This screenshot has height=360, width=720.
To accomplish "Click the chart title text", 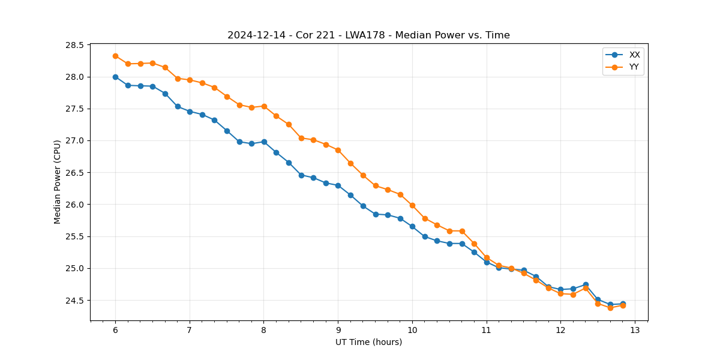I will pos(368,35).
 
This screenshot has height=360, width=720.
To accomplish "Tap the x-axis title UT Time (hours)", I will pos(368,342).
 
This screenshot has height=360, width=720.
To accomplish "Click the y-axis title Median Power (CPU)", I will pos(58,182).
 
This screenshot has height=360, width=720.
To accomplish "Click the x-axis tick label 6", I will pos(115,331).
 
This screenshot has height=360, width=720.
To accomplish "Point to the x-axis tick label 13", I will pos(635,331).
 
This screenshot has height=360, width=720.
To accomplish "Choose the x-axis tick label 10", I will pos(412,331).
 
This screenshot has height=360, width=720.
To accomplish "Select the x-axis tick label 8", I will pos(263,331).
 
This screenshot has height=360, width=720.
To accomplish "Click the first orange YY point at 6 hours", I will pos(115,56).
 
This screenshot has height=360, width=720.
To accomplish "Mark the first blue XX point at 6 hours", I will pos(115,77).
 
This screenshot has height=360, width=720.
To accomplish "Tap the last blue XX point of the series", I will pos(623,304).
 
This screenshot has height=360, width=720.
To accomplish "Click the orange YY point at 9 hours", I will pos(338,150).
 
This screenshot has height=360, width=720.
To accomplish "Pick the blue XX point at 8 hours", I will pos(264,142).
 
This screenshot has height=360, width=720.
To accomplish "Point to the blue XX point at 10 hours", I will pos(412,226).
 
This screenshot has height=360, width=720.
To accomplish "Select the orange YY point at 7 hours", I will pos(190,80).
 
